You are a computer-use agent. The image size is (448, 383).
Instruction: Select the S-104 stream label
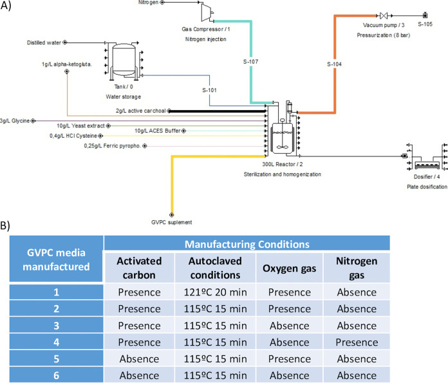[335, 63]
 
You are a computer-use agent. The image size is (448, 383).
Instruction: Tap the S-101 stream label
[210, 89]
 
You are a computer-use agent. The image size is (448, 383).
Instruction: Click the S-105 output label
[425, 24]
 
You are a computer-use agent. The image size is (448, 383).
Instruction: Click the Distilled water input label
[44, 43]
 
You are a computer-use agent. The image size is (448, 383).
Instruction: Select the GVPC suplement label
[171, 222]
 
